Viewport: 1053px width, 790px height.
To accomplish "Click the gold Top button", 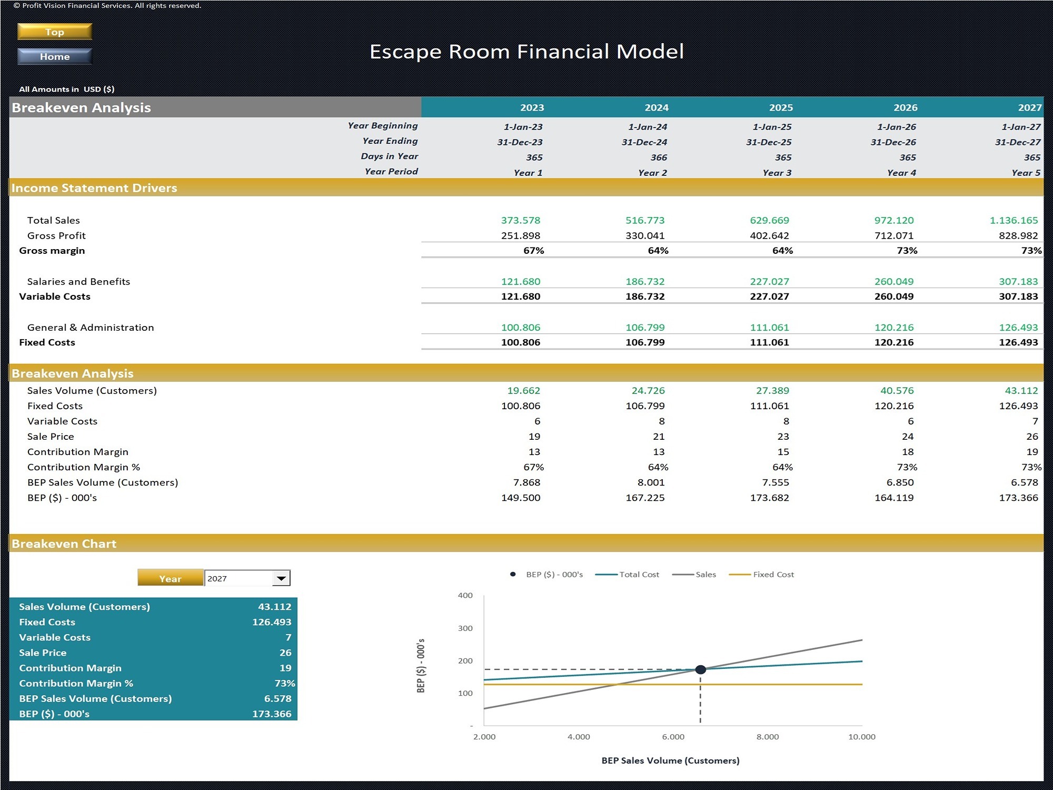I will (55, 32).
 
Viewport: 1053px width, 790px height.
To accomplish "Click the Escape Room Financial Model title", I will (526, 52).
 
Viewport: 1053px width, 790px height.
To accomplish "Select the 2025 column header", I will (781, 107).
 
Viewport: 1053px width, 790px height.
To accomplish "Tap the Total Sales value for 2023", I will (520, 220).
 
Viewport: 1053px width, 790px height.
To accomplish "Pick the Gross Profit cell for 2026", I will (893, 235).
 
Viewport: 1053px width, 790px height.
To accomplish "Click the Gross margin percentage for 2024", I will (658, 251).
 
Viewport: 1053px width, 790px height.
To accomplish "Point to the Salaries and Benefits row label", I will (78, 281).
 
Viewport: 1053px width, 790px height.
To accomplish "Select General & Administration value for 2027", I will (1018, 327).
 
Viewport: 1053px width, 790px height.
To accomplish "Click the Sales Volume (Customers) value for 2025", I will (772, 390).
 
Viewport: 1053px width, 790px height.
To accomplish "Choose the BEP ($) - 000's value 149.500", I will (520, 498).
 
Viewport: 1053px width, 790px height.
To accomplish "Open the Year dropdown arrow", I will (282, 578).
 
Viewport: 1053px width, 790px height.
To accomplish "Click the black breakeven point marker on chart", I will (700, 669).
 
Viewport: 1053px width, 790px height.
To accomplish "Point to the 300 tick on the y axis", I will (465, 628).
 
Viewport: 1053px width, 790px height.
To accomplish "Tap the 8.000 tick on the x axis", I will (768, 737).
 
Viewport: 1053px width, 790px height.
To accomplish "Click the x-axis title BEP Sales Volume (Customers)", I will (670, 761).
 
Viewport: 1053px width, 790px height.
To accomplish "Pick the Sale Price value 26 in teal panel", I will (285, 653).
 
